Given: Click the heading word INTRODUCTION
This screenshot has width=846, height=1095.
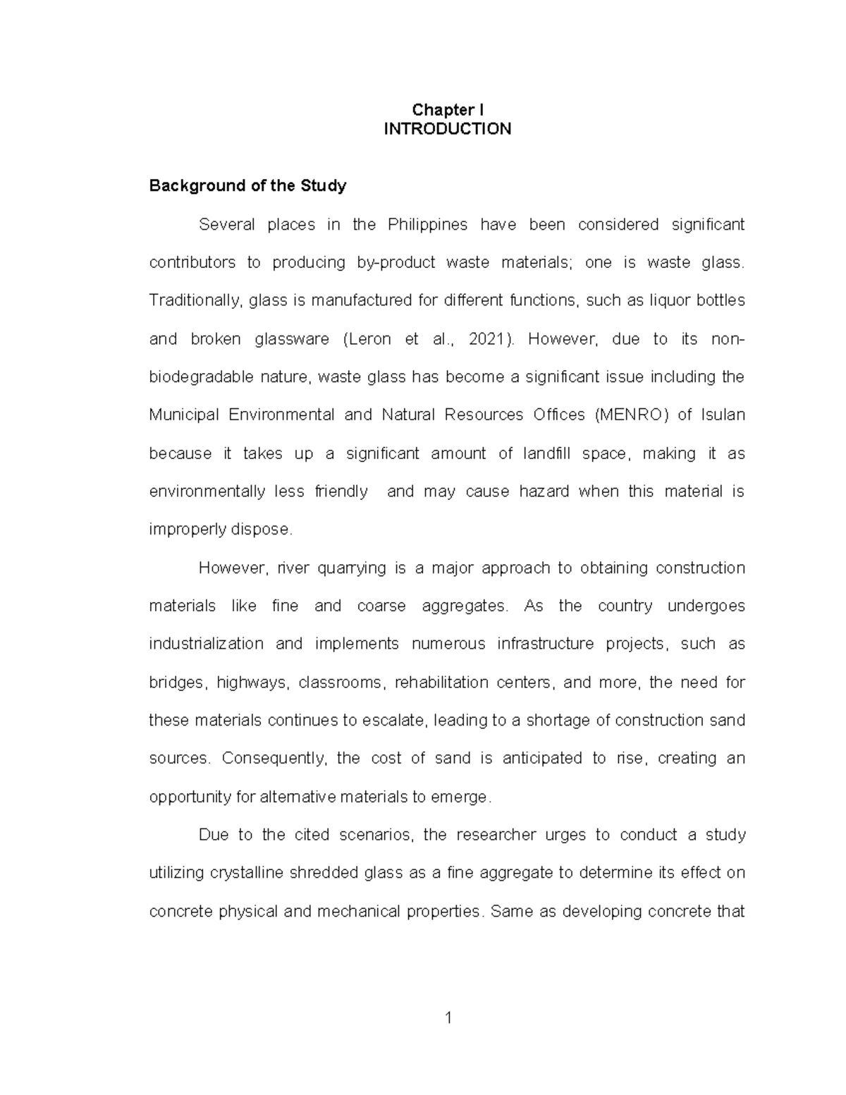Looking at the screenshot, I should [x=447, y=129].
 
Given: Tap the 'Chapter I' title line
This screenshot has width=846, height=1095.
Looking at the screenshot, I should [x=447, y=110].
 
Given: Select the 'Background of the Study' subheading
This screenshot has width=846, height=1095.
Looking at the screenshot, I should [x=247, y=186].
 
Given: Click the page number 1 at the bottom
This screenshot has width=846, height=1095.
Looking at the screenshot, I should [x=447, y=1017].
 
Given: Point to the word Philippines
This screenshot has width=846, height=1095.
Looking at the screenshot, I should [x=427, y=225].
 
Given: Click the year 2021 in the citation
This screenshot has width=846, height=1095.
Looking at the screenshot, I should [x=485, y=339].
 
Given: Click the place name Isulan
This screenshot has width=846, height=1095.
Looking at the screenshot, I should [x=722, y=415].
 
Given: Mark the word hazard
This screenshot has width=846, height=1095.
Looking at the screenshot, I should [x=544, y=491].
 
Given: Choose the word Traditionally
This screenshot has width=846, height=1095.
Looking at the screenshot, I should [x=196, y=301].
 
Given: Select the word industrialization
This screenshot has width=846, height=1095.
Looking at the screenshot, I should [x=206, y=644].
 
